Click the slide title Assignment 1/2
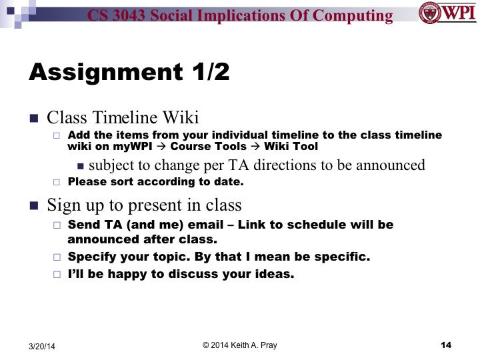[x=129, y=72]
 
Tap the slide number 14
[x=447, y=345]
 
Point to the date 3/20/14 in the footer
[x=42, y=346]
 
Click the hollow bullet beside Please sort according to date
[x=57, y=181]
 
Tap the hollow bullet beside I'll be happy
[x=57, y=273]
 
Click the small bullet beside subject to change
[x=81, y=165]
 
